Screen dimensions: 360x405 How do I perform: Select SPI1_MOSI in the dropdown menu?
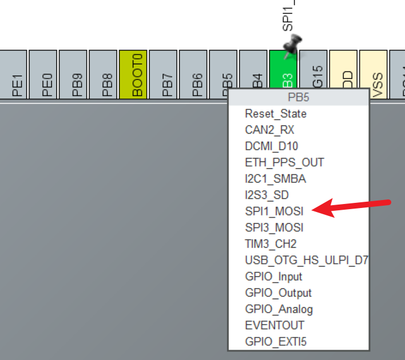click(x=274, y=211)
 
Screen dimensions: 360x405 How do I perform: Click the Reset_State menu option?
click(x=275, y=114)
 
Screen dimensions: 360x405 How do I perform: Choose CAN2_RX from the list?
click(x=269, y=130)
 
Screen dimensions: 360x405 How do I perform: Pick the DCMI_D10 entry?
click(x=271, y=146)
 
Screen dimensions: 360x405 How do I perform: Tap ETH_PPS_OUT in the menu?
click(x=284, y=162)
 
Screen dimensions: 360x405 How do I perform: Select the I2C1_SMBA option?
click(x=275, y=179)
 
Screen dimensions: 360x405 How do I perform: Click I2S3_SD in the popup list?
click(x=267, y=195)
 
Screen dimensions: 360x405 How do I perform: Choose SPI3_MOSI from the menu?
click(x=274, y=227)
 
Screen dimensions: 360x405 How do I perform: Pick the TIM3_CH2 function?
click(x=271, y=243)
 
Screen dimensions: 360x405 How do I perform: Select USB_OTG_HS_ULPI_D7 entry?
click(x=306, y=260)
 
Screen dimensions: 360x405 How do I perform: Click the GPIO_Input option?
click(x=273, y=277)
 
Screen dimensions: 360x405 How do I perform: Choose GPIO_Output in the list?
click(x=278, y=293)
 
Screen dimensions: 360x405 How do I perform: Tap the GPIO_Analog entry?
click(x=279, y=309)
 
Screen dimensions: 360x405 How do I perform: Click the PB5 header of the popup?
click(x=299, y=97)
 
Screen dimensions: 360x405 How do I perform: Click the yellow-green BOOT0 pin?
click(x=133, y=75)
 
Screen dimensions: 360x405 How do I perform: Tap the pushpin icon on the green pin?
click(x=293, y=45)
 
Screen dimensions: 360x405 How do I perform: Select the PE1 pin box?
click(x=13, y=75)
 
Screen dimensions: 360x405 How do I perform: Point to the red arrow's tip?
click(x=314, y=210)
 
